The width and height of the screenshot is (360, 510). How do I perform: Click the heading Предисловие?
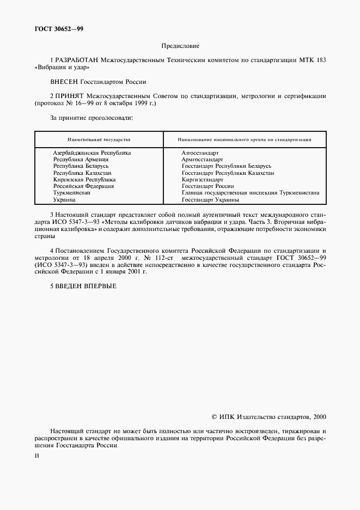pos(180,46)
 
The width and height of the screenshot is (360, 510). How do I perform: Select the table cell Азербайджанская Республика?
pos(91,153)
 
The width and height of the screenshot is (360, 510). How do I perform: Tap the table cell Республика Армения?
pos(81,160)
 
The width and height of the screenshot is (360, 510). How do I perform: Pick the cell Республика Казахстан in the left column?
pos(82,173)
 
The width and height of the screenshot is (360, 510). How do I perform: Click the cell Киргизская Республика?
pos(84,179)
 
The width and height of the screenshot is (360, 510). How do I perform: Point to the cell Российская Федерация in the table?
pos(83,186)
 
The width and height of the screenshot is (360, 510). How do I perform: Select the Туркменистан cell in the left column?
pos(71,192)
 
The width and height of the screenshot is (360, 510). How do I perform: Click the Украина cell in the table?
pos(65,199)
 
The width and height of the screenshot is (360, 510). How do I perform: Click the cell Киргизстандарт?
pos(203,179)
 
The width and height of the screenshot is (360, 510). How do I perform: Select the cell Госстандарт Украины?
pos(211,199)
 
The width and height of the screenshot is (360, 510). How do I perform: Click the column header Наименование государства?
pos(99,139)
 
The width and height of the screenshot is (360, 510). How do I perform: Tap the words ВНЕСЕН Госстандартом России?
pos(98,82)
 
